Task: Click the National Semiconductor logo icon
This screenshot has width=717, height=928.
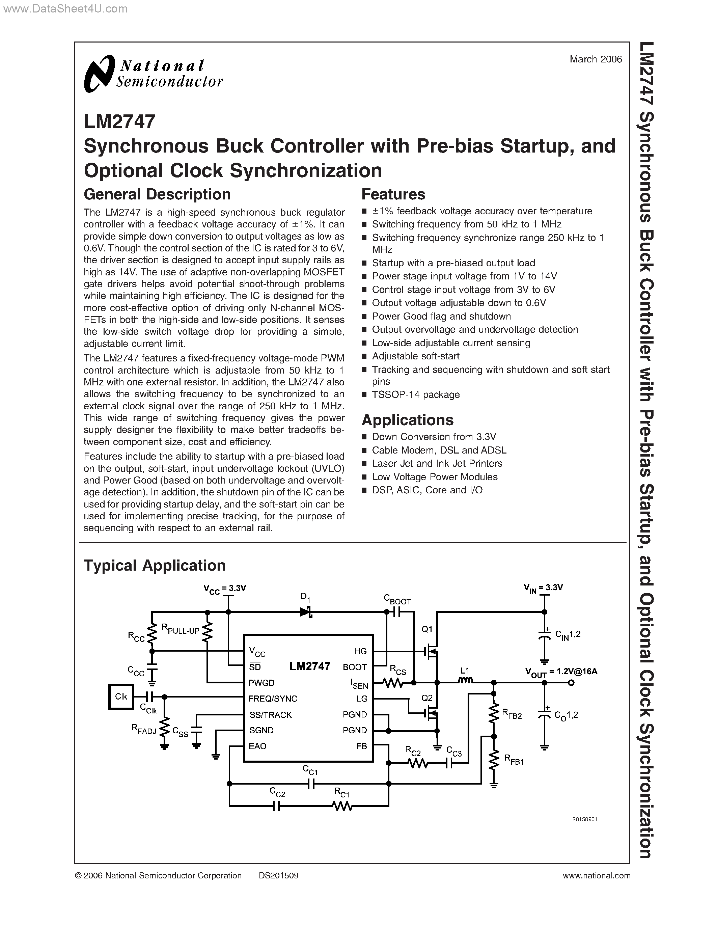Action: (x=100, y=74)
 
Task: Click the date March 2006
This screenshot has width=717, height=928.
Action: (x=596, y=59)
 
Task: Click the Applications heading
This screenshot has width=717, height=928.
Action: (x=407, y=420)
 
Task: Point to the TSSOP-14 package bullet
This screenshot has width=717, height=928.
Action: (x=415, y=395)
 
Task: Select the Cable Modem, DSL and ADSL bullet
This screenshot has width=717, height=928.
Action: (x=439, y=450)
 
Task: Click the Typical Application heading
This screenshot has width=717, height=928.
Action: (x=155, y=566)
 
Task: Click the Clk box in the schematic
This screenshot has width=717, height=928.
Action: (x=121, y=697)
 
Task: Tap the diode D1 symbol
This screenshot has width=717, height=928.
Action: (x=306, y=612)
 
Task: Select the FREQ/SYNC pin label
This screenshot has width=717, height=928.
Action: (x=273, y=699)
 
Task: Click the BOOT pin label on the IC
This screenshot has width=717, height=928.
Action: (x=354, y=667)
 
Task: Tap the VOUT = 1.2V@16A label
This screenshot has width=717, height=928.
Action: (x=561, y=672)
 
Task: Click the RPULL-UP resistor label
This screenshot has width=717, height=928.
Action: (x=180, y=629)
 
